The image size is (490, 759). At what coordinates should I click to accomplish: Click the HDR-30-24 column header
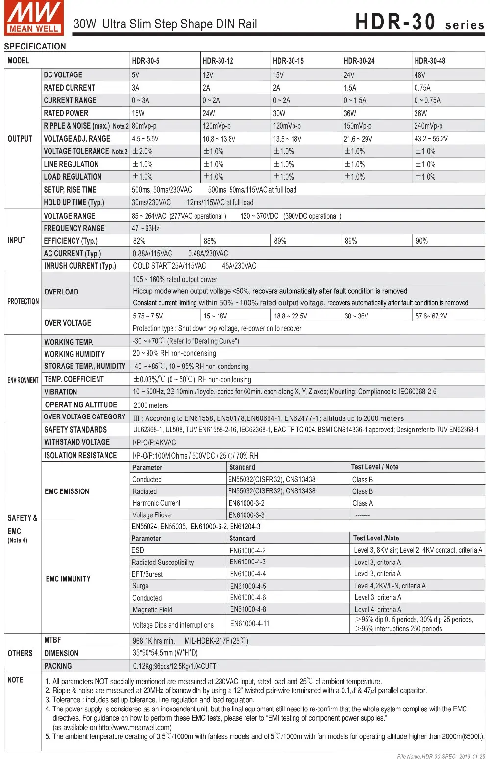(359, 61)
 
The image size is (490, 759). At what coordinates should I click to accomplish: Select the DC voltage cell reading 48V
(420, 75)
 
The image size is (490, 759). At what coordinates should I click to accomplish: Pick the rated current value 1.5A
(350, 88)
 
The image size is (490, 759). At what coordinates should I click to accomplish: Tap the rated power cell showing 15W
(138, 113)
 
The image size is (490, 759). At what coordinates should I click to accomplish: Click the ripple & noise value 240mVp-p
(428, 126)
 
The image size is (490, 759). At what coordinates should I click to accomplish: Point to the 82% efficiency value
(139, 241)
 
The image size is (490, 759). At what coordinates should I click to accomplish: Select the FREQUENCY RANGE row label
(74, 228)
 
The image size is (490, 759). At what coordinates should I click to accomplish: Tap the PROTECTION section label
(23, 302)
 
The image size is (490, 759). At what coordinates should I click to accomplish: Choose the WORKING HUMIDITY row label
(74, 354)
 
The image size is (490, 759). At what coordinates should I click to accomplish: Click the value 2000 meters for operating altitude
(150, 405)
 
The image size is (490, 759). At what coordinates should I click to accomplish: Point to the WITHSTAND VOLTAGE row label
(77, 442)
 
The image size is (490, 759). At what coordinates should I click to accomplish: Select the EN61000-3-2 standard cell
(246, 503)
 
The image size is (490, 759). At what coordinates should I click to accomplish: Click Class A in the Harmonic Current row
(363, 503)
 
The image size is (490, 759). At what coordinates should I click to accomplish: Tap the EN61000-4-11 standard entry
(250, 623)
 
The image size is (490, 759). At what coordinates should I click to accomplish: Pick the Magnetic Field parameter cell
(152, 610)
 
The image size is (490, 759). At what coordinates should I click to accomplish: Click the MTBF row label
(52, 640)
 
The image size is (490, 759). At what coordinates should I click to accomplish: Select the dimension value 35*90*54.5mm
(165, 653)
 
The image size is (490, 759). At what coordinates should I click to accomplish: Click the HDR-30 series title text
(419, 23)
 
